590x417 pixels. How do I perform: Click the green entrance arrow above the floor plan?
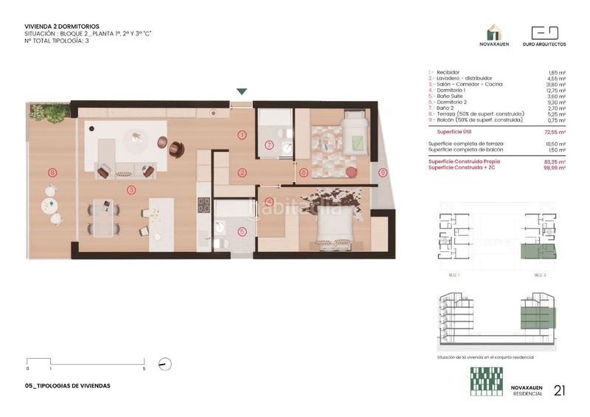[242, 92]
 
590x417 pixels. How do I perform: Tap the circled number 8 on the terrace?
[52, 172]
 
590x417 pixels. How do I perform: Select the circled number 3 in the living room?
[131, 190]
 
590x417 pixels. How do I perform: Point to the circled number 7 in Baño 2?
[269, 145]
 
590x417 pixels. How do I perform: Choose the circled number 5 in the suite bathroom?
[242, 231]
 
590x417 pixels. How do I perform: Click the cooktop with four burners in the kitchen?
[204, 204]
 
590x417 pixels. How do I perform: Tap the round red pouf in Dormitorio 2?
[352, 172]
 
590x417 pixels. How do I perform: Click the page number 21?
[560, 390]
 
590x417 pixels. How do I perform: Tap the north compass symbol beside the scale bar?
[165, 363]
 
